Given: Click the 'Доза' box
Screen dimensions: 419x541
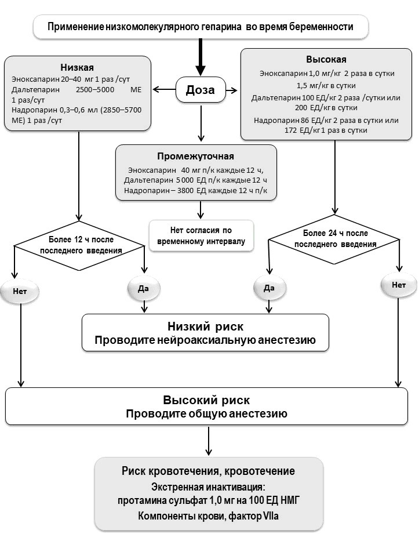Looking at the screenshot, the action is pyautogui.click(x=201, y=90).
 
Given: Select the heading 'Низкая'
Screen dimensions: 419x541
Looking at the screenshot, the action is pyautogui.click(x=77, y=67).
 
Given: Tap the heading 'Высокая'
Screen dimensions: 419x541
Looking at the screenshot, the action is pyautogui.click(x=326, y=59).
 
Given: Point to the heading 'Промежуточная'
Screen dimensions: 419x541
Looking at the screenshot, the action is pyautogui.click(x=195, y=157).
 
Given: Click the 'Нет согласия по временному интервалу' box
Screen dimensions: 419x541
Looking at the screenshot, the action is pyautogui.click(x=201, y=235).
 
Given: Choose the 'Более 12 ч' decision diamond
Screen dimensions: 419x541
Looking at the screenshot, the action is pyautogui.click(x=79, y=245).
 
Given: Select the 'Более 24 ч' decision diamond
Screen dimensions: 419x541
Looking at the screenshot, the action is pyautogui.click(x=334, y=239).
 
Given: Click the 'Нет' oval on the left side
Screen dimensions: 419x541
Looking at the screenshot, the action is pyautogui.click(x=20, y=292).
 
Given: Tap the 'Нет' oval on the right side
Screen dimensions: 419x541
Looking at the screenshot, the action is pyautogui.click(x=399, y=285).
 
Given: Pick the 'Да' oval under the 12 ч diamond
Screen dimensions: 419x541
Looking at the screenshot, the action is pyautogui.click(x=144, y=288).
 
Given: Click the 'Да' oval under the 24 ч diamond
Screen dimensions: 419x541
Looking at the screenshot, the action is pyautogui.click(x=269, y=288).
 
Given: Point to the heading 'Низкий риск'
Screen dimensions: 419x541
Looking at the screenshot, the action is pyautogui.click(x=206, y=326).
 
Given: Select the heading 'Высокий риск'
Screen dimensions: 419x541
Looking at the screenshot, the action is pyautogui.click(x=206, y=400).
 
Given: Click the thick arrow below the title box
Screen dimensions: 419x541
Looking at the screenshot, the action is pyautogui.click(x=201, y=57).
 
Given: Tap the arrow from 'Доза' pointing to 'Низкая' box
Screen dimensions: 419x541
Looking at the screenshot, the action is pyautogui.click(x=164, y=90).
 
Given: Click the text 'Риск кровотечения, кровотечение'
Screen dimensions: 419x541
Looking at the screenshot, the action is pyautogui.click(x=208, y=471).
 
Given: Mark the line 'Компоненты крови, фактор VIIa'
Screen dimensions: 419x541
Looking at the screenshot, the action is pyautogui.click(x=208, y=516).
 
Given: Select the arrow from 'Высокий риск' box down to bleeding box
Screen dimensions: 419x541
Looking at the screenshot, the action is pyautogui.click(x=208, y=441).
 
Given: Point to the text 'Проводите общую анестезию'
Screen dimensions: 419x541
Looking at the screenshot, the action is pyautogui.click(x=206, y=413).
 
